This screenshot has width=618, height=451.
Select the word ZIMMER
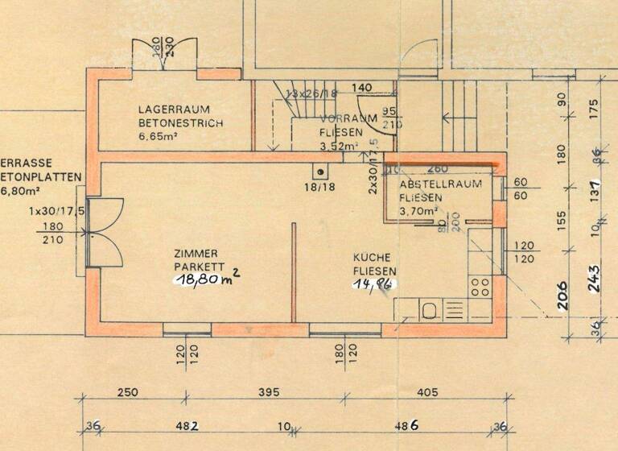coord(196,252)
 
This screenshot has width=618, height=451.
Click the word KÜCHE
coord(373,258)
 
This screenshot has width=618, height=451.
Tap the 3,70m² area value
coord(418,212)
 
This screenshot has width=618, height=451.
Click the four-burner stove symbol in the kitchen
coord(480,288)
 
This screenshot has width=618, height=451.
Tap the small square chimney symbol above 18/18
coord(320,171)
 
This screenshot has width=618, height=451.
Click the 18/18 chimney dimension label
coord(319,186)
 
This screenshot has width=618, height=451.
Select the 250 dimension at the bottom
coord(127,392)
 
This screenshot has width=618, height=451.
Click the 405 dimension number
coord(428,392)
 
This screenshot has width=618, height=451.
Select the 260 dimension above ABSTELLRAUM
coord(438,170)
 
